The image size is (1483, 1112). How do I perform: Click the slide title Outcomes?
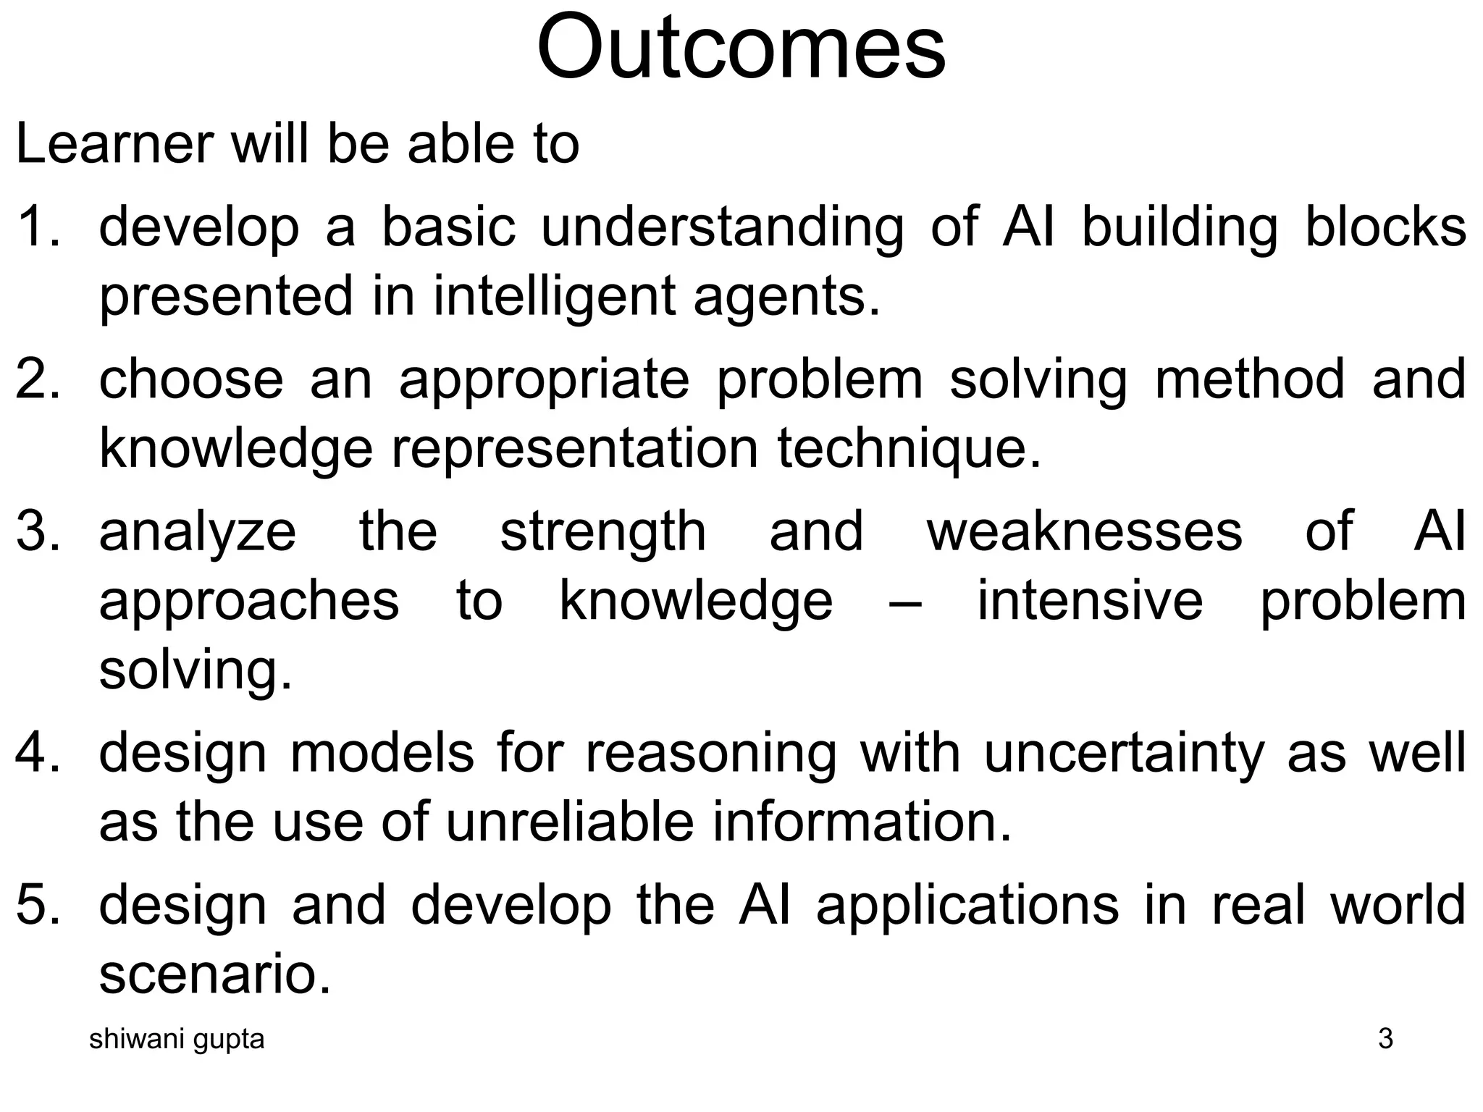(741, 48)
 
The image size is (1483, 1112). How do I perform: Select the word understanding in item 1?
(722, 227)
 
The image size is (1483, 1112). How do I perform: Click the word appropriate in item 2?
(544, 380)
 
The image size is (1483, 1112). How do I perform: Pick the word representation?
(575, 449)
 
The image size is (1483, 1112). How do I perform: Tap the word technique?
(909, 449)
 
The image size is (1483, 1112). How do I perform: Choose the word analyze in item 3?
(197, 531)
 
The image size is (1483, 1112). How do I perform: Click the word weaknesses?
(1084, 531)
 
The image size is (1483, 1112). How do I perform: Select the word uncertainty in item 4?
(1122, 753)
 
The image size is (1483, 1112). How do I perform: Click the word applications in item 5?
(967, 906)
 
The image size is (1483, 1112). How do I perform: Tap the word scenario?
(214, 974)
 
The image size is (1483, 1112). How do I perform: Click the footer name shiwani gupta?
(177, 1039)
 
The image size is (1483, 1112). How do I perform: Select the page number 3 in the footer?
(1385, 1039)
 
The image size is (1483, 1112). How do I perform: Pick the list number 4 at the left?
(36, 753)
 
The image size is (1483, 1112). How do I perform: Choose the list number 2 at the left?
(36, 380)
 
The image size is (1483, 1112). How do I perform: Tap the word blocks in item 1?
(1385, 227)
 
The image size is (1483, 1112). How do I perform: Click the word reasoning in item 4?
(710, 753)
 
